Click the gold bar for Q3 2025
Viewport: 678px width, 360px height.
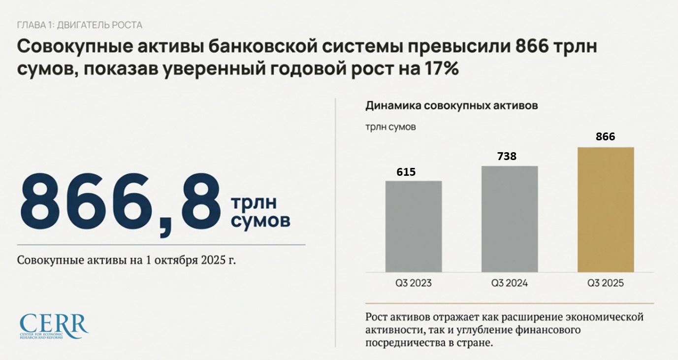(605, 210)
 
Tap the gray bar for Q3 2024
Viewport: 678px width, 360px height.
(509, 219)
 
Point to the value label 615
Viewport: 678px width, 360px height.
(406, 172)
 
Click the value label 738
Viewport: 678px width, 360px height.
(507, 156)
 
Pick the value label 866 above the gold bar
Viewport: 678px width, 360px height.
(605, 137)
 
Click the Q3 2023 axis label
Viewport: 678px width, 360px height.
(413, 284)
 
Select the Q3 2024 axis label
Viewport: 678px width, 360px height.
(509, 284)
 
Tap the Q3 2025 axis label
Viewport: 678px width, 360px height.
(605, 284)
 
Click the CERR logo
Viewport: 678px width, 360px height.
(54, 326)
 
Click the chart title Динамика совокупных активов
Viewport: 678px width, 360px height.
(451, 105)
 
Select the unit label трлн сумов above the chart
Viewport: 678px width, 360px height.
(390, 128)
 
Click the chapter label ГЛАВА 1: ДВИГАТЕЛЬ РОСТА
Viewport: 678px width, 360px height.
(80, 25)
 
